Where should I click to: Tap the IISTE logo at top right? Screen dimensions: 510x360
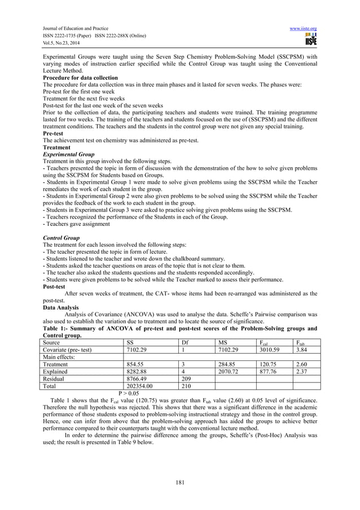tap(310, 40)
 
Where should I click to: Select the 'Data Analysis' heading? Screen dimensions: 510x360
tap(62, 308)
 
